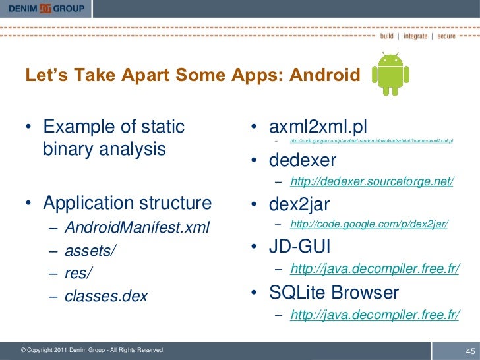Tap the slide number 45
[x=470, y=349]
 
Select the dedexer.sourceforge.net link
[x=371, y=182]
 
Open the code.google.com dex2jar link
[x=369, y=225]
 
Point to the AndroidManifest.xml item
[x=136, y=228]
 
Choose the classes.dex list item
[x=105, y=296]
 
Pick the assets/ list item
[x=88, y=251]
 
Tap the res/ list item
[x=79, y=273]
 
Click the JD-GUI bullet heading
[x=299, y=247]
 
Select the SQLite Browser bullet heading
[x=333, y=291]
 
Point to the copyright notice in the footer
[x=92, y=350]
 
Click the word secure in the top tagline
[x=446, y=36]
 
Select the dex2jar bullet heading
[x=299, y=204]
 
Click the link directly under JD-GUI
[x=375, y=270]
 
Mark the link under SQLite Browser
[x=375, y=315]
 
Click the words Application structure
[x=127, y=202]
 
